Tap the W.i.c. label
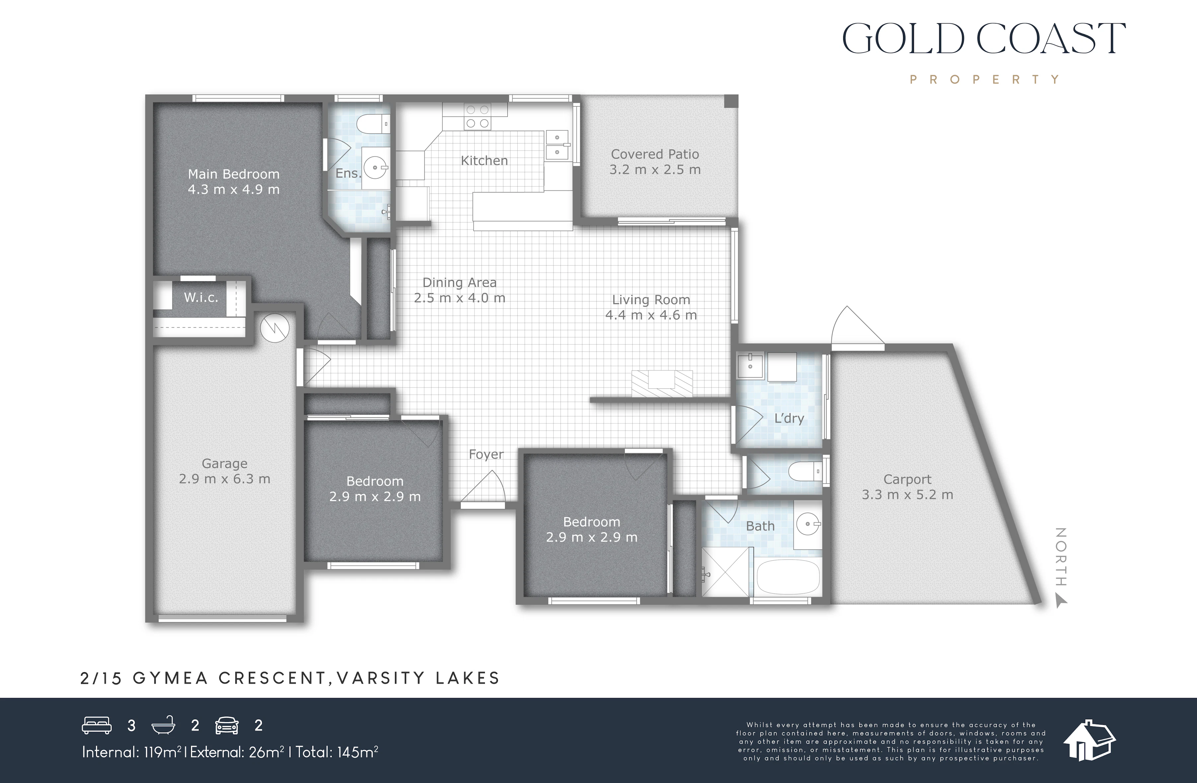[x=201, y=297]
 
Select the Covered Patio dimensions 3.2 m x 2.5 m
[x=655, y=170]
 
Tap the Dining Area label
[x=459, y=283]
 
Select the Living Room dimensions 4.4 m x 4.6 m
[x=651, y=315]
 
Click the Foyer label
[x=486, y=454]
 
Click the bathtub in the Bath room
[x=788, y=577]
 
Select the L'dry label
[x=789, y=418]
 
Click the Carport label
[x=907, y=479]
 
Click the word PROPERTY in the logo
[x=985, y=79]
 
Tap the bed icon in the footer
[x=97, y=725]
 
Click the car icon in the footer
[x=227, y=725]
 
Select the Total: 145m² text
[x=337, y=752]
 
